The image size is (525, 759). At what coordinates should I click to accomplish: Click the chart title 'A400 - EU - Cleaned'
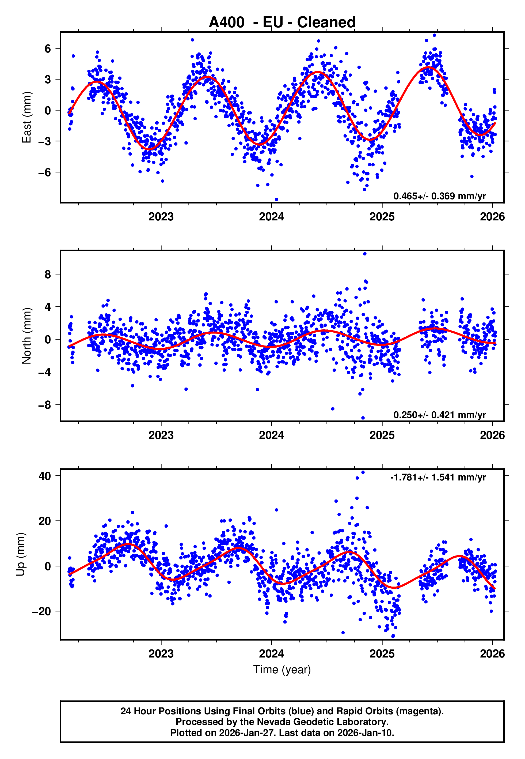(282, 22)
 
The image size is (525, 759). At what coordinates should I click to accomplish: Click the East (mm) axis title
(26, 118)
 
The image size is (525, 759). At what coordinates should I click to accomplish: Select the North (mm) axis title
(26, 336)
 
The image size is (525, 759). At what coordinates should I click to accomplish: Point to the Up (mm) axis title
(20, 554)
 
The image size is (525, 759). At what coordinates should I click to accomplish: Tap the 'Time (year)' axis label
(282, 670)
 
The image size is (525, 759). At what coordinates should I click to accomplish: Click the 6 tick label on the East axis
(48, 49)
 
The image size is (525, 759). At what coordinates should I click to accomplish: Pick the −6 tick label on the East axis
(45, 172)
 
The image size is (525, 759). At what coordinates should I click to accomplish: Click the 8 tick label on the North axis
(48, 274)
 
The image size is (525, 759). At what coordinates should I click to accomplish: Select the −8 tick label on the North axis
(45, 405)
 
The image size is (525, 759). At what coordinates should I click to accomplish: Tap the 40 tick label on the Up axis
(45, 476)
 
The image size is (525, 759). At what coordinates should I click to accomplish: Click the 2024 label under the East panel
(271, 217)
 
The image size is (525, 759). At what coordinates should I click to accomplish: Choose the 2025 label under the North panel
(382, 435)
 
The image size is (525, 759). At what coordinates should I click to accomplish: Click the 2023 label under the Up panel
(161, 653)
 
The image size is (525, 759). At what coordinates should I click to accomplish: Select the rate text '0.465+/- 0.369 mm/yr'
(439, 196)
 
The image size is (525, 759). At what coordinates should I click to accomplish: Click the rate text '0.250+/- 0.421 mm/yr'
(439, 415)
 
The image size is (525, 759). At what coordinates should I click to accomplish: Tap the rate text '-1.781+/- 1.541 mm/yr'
(438, 477)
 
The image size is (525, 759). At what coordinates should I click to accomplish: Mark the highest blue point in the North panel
(365, 254)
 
